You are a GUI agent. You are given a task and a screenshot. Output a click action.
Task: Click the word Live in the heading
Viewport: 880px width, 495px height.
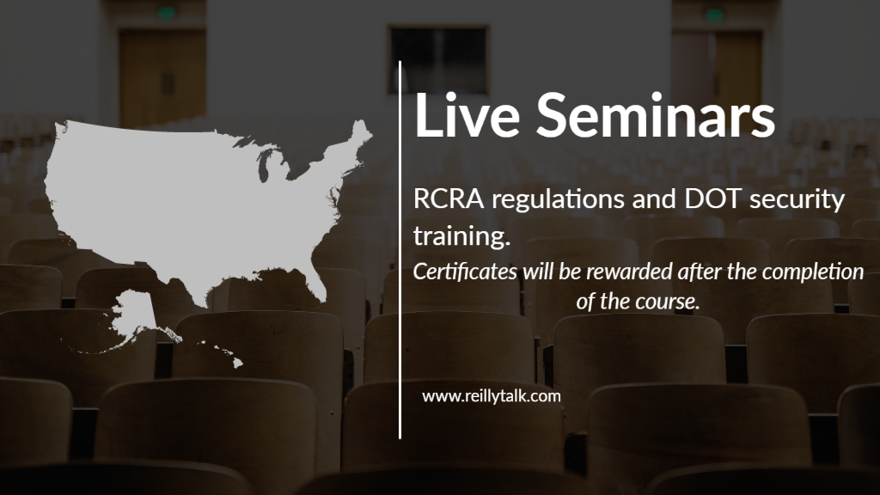467,115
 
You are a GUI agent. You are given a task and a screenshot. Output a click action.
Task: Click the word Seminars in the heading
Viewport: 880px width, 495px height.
656,115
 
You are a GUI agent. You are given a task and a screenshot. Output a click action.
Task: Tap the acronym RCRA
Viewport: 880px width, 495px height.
449,199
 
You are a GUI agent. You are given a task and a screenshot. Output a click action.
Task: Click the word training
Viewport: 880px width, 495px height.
461,235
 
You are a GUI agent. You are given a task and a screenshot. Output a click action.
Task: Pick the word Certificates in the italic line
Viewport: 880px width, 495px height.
465,272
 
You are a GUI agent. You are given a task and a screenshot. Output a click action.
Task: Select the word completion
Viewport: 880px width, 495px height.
813,272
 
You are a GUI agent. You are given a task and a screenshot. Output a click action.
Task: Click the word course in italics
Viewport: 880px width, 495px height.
668,302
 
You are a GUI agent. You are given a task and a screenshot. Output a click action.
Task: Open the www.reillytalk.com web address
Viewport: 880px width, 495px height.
491,397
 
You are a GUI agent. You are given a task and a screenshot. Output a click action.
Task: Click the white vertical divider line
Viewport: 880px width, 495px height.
400,250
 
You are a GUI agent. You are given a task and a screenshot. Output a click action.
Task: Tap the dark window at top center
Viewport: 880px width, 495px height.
439,59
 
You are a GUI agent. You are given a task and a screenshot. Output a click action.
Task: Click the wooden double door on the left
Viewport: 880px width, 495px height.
162,78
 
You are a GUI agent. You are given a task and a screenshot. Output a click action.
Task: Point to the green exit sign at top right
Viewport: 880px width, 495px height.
714,15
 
